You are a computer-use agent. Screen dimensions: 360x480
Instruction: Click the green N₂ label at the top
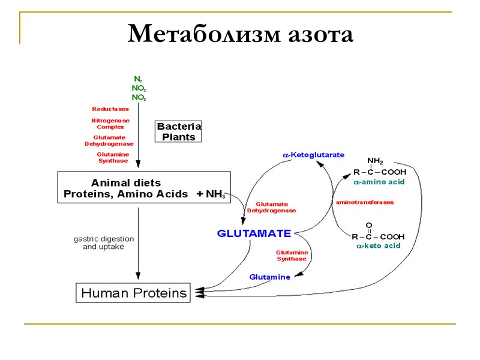coord(138,79)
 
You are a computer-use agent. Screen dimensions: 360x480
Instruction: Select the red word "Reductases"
coord(110,109)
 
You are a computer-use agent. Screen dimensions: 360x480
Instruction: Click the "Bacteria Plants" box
coord(179,131)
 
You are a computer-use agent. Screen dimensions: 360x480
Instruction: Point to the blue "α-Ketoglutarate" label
coord(314,155)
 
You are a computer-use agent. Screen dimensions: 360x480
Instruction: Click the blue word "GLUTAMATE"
coord(254,233)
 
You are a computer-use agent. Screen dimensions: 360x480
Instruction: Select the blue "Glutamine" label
coord(269,277)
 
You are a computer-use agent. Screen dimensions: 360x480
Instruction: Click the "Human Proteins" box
coord(134,293)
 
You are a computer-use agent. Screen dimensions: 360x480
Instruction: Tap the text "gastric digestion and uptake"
coord(104,242)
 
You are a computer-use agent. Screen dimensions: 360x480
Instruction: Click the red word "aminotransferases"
coord(365,202)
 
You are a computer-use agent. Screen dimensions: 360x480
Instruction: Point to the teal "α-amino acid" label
coord(379,181)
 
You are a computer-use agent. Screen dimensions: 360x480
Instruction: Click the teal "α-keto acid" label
coord(378,246)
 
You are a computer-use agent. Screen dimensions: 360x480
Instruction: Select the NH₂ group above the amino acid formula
coord(375,161)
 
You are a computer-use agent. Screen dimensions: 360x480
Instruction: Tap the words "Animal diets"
coord(126,182)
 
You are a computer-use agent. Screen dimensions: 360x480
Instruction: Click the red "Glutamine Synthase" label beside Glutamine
coord(292,256)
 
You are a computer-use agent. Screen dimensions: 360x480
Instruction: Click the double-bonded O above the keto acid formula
coord(369,225)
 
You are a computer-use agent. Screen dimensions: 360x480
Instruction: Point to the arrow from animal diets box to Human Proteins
coord(139,240)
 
